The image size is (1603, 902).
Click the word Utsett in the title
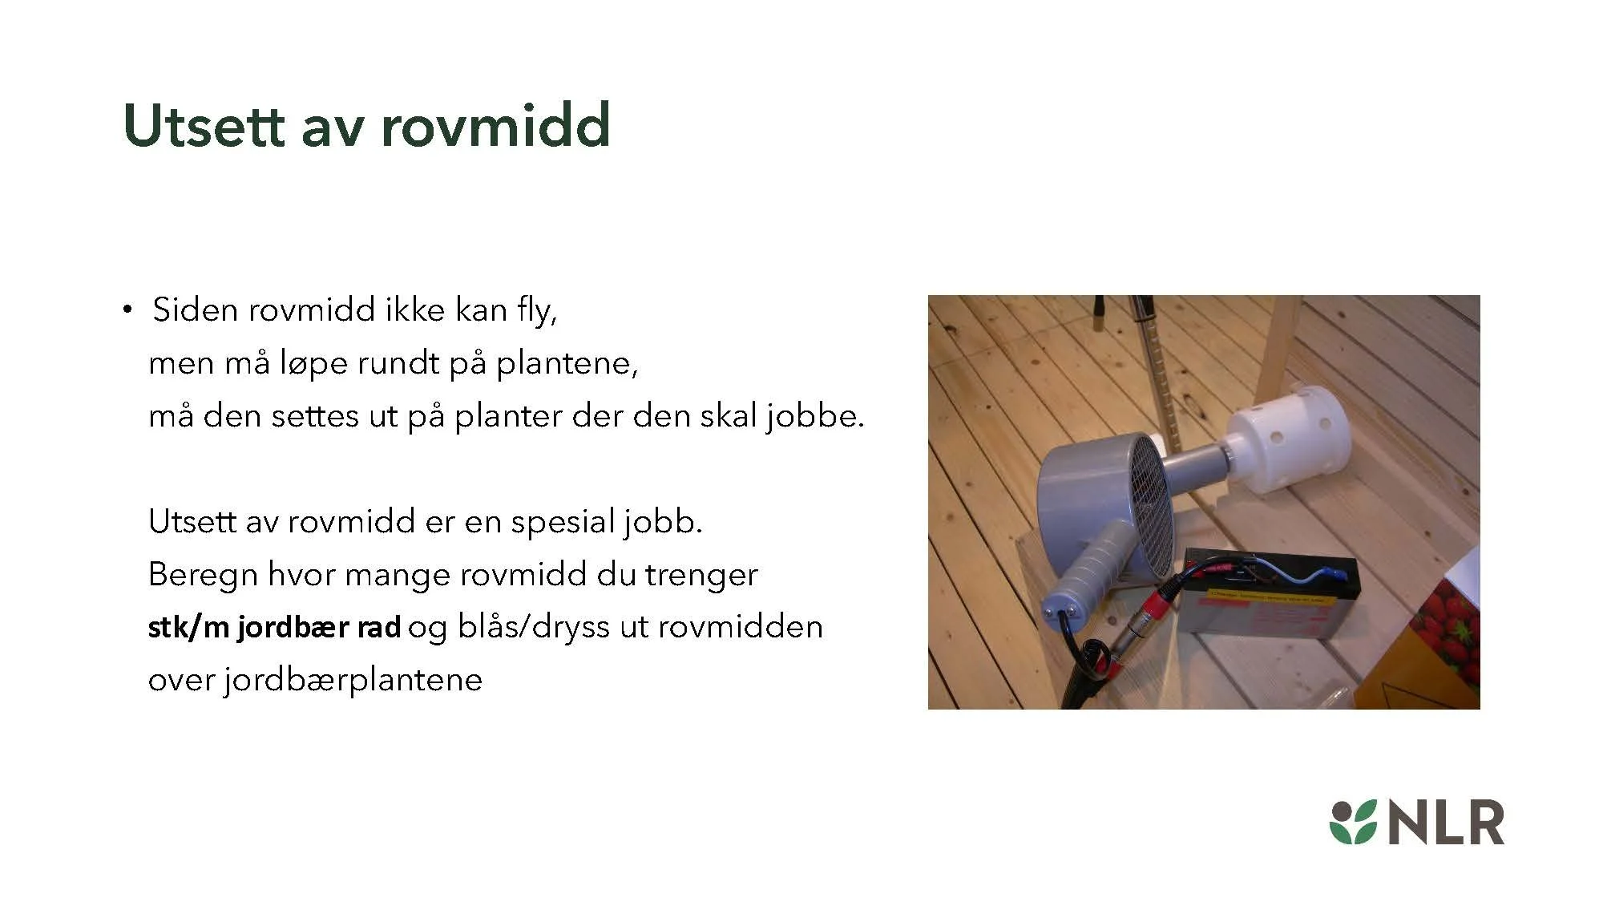click(204, 126)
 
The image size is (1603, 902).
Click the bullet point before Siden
click(127, 309)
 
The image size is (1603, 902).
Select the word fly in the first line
click(535, 310)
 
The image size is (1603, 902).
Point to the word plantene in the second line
click(566, 363)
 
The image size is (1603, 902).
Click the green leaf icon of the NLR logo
click(1353, 822)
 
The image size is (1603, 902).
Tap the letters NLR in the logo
click(1446, 823)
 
